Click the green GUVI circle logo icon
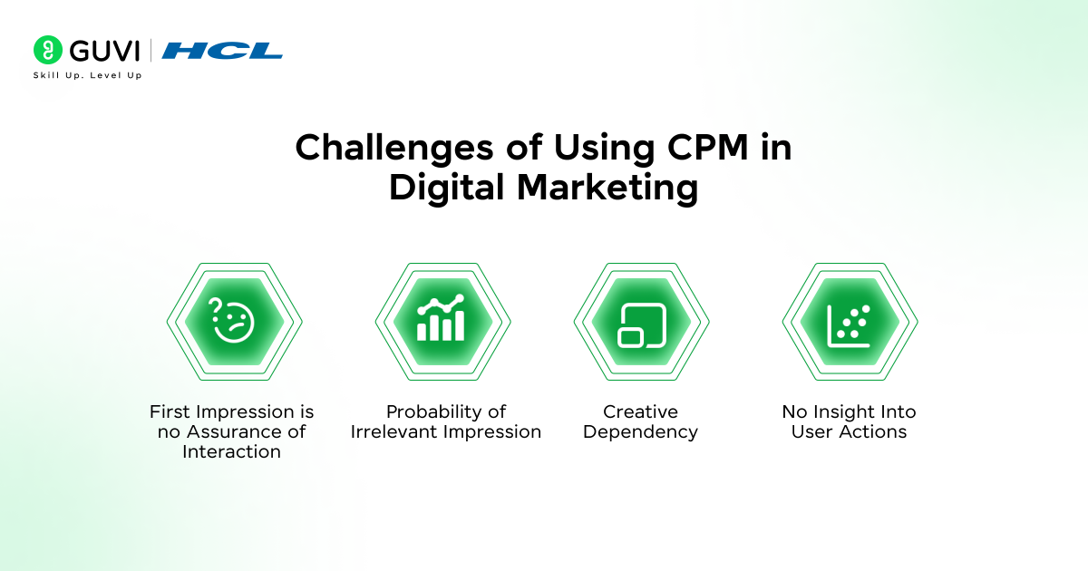[47, 50]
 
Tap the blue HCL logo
[222, 51]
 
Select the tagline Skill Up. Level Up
[87, 75]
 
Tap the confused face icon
[234, 321]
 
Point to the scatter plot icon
[849, 324]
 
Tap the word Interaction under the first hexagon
[231, 451]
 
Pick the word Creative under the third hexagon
[640, 411]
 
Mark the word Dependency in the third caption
[640, 431]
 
